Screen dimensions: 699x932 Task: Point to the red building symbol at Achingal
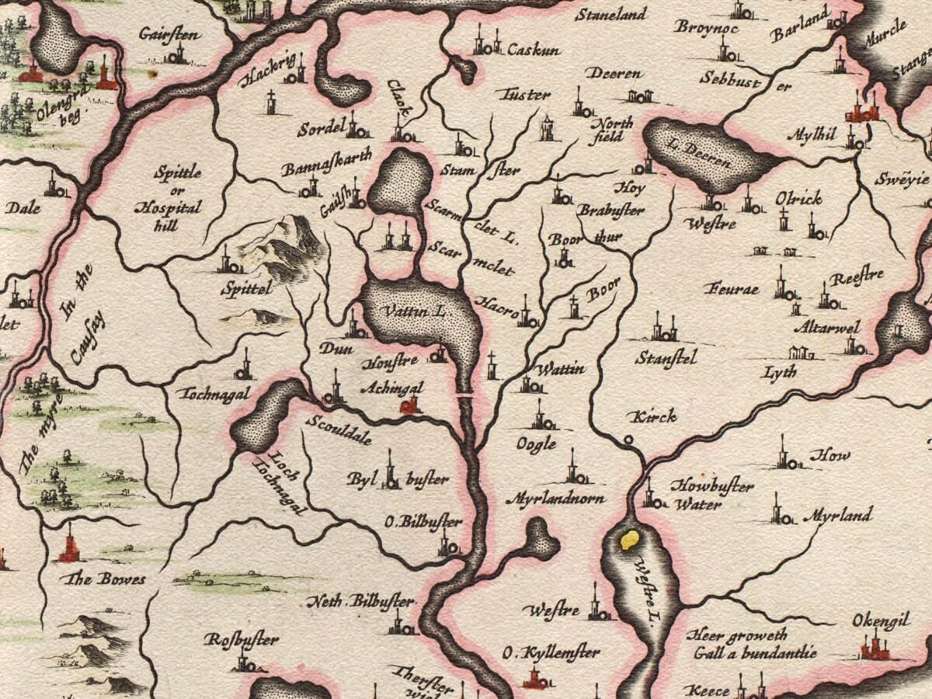tap(409, 405)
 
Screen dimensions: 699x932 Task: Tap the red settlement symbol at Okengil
tap(875, 647)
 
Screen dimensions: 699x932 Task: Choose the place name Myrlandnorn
tap(555, 498)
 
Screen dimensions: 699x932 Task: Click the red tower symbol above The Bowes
tap(69, 547)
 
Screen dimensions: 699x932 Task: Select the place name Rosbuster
tap(241, 640)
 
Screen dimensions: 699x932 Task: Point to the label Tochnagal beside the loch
tap(215, 394)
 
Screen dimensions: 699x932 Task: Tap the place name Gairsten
tap(170, 33)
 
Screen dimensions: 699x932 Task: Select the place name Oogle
tap(537, 443)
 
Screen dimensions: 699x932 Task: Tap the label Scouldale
tap(339, 429)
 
